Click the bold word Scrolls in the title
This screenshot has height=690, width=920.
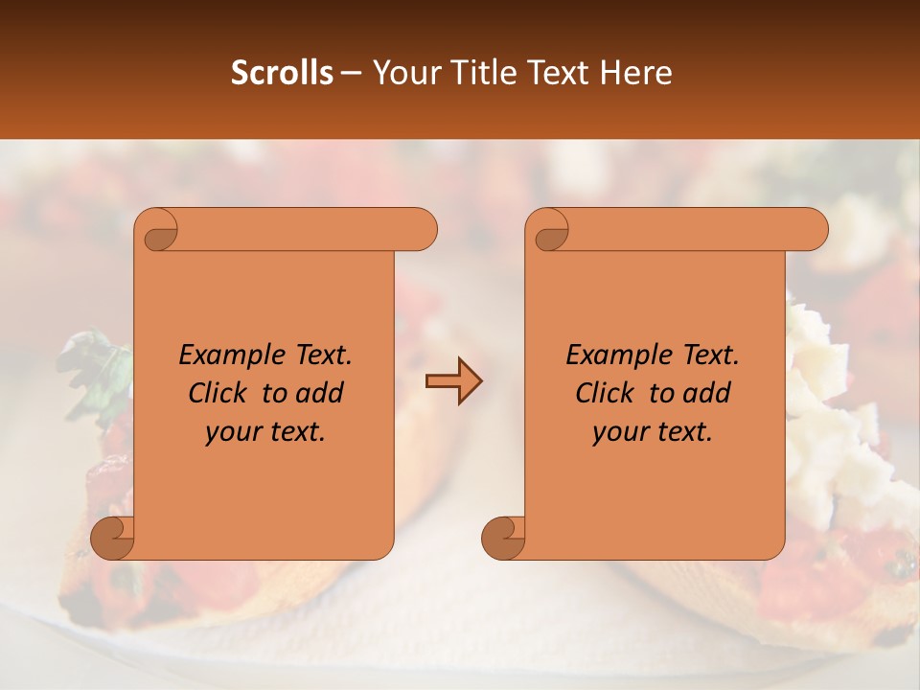(x=282, y=73)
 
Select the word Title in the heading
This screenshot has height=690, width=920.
(x=483, y=73)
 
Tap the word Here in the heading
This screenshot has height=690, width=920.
(x=636, y=73)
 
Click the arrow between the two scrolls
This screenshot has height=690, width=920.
(x=453, y=380)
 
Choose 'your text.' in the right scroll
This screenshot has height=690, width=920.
(x=653, y=431)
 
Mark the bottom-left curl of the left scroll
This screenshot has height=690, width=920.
(x=112, y=538)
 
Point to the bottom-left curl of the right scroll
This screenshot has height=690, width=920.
(x=503, y=538)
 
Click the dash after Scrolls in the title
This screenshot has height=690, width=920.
(x=351, y=73)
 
